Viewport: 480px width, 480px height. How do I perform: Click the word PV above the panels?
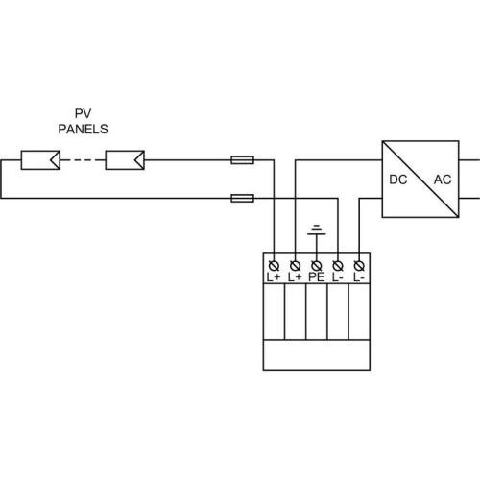83,113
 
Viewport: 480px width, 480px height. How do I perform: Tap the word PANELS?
83,129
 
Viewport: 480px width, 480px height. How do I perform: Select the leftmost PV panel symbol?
40,160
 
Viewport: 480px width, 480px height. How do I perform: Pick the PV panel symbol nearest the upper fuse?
125,160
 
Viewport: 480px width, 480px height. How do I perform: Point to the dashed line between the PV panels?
83,160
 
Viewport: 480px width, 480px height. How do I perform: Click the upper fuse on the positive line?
243,160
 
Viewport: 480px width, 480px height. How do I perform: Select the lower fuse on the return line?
243,199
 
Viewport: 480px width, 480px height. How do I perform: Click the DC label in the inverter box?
398,180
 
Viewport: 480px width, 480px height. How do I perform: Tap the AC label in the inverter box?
443,180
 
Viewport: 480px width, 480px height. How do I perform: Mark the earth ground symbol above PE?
317,229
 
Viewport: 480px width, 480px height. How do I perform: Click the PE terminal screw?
317,266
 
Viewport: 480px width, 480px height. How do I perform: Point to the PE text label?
317,277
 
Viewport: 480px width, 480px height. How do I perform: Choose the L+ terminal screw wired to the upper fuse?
274,266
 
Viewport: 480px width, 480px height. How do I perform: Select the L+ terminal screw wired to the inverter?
295,266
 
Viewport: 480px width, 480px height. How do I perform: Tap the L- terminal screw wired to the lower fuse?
338,266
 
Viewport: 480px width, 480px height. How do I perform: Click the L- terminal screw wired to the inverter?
359,266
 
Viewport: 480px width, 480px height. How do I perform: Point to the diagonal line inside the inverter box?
420,180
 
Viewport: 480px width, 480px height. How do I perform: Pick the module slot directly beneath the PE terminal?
317,311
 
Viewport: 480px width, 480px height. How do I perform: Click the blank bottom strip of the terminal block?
317,355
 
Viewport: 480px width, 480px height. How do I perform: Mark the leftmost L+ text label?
274,277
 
